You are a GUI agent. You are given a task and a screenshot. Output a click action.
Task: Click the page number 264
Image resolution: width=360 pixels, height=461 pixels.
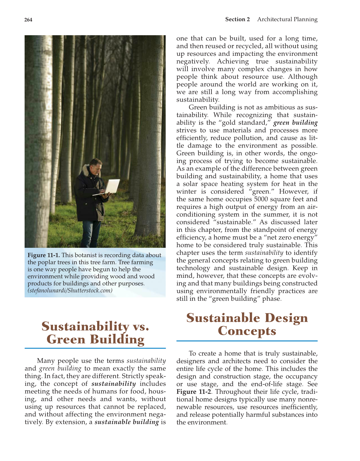pos(28,20)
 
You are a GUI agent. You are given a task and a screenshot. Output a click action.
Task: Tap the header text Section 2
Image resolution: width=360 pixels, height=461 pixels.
pos(237,19)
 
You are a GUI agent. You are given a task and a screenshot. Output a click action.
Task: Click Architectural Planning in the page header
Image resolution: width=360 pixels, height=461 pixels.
pos(287,19)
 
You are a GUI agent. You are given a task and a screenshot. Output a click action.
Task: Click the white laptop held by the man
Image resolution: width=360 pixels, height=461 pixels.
pos(111,187)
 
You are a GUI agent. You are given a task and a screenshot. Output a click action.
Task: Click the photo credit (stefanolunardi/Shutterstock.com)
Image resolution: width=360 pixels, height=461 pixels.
pos(70,291)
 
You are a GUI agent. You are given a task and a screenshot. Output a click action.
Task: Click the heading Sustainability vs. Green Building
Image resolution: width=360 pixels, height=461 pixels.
pos(95,333)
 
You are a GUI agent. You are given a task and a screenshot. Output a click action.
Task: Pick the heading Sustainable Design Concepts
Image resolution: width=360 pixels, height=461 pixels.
pos(247,324)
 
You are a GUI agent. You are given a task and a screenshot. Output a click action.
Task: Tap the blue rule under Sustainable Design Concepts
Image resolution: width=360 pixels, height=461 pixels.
pos(247,341)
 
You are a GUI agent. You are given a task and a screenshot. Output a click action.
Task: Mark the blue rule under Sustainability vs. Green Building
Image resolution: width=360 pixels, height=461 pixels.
pos(95,348)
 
